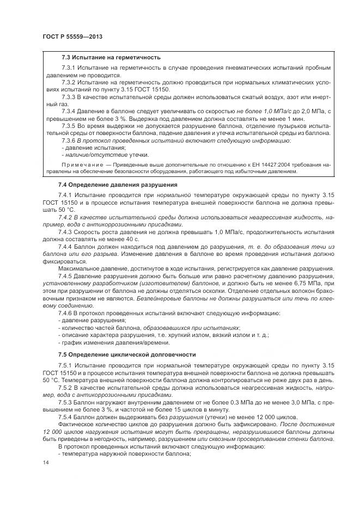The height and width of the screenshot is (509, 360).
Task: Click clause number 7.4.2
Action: click(67, 217)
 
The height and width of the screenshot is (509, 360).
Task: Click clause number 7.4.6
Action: click(67, 314)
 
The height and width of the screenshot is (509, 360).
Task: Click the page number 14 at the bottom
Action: click(45, 463)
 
